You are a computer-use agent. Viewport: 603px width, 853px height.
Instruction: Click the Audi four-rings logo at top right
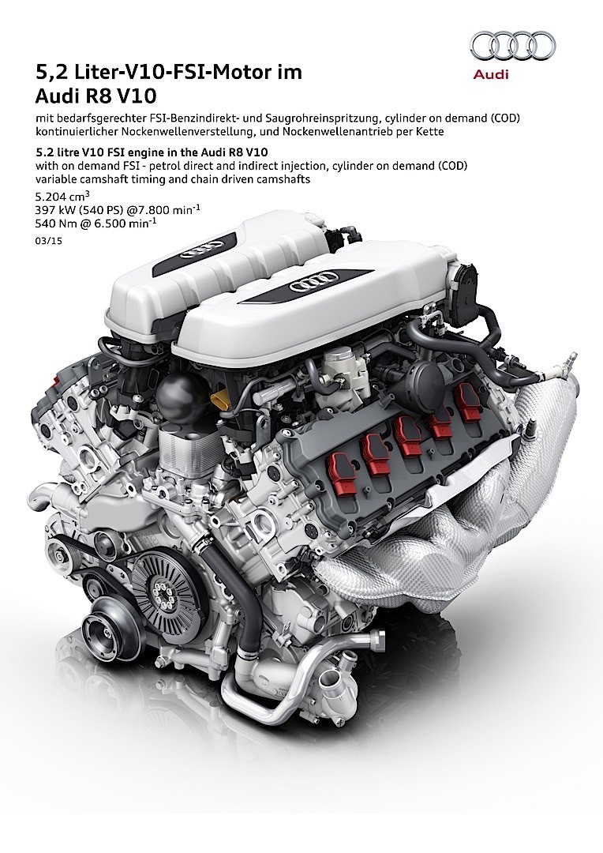[x=513, y=46]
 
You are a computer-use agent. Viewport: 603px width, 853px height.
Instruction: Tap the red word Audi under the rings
[x=490, y=74]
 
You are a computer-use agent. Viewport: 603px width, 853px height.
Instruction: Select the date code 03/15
[x=48, y=241]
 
